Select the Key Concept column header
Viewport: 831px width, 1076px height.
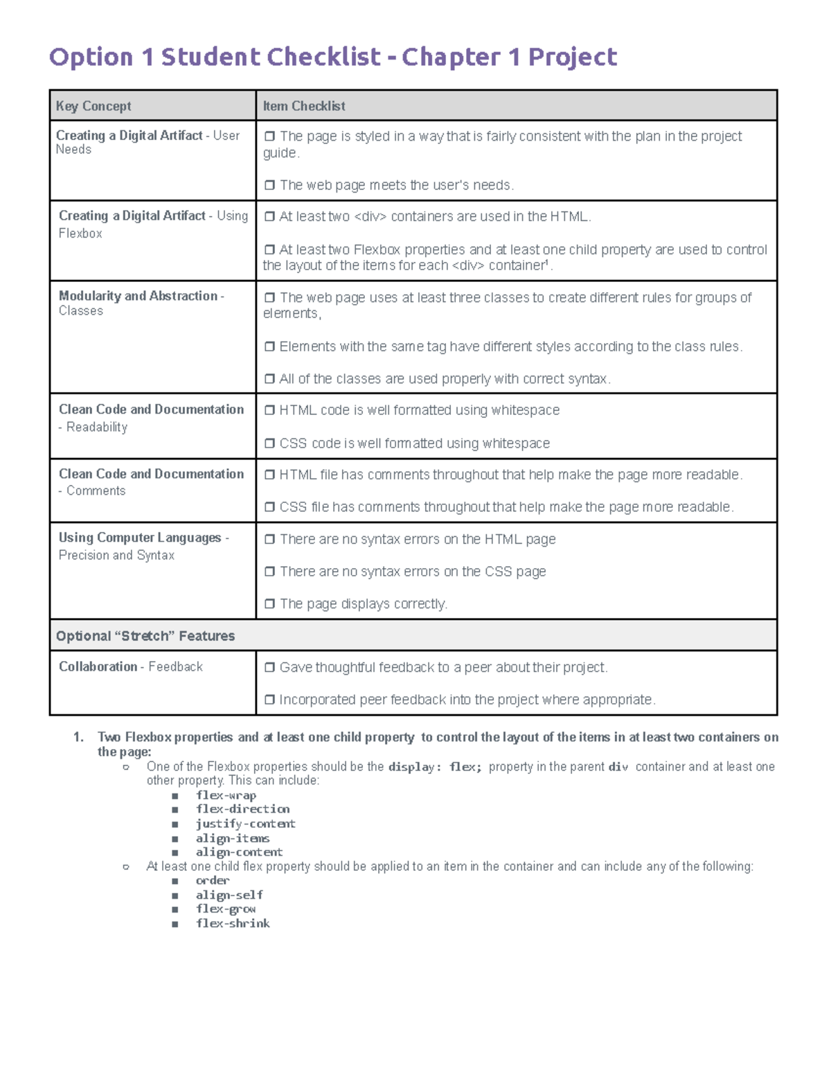[93, 106]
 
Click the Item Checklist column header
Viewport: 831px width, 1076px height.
[303, 106]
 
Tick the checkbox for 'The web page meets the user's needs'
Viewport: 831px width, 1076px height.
[269, 185]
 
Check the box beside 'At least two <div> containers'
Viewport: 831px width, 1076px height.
[269, 217]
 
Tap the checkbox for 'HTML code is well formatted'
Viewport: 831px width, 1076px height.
[269, 410]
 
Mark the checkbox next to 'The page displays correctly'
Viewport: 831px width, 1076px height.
[269, 603]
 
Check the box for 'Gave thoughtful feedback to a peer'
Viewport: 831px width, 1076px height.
[269, 667]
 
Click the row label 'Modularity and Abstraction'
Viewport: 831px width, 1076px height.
[138, 296]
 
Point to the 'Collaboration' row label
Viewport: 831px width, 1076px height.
[98, 667]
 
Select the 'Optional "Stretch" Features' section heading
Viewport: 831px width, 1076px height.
[145, 636]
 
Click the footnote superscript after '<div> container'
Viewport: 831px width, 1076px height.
[547, 263]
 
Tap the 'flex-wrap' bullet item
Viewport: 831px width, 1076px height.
[226, 795]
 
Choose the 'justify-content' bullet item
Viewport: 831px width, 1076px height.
[245, 824]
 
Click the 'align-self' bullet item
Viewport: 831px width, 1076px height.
[229, 895]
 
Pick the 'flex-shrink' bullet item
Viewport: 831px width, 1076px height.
[233, 924]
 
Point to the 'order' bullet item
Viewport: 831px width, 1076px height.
[212, 881]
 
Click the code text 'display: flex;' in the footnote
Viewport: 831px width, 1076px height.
[435, 767]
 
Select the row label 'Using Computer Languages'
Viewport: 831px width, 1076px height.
[140, 538]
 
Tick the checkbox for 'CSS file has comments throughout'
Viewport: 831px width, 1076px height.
[269, 507]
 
